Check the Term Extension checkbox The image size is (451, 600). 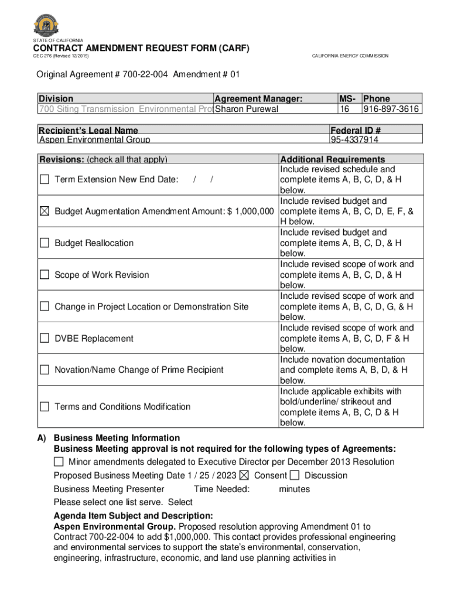pos(45,179)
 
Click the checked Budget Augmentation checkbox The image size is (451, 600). pos(45,211)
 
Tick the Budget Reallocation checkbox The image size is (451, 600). pos(45,243)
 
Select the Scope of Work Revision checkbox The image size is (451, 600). pos(45,275)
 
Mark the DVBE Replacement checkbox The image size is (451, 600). pos(45,338)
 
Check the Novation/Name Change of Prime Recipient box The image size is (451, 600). pos(45,370)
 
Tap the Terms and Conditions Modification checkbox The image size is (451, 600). pos(45,407)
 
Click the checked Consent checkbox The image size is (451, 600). pos(244,475)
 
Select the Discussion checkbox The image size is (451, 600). pos(295,475)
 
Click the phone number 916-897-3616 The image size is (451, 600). pos(391,109)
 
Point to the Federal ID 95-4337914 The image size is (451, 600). pos(354,140)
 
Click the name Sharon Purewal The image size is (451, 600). pos(247,109)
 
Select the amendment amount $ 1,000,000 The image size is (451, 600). pos(250,211)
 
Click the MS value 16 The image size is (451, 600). pos(345,109)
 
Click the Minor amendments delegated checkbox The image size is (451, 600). pos(59,462)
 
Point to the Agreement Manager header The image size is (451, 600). pos(258,99)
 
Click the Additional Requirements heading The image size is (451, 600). pos(333,159)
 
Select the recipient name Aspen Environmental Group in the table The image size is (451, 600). pos(94,140)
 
